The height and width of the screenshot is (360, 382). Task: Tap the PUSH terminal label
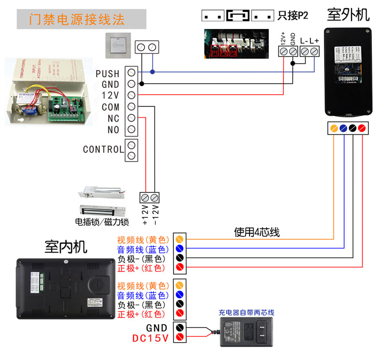point(107,73)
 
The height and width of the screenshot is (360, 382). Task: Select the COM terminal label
point(111,107)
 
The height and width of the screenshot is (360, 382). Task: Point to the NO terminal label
point(113,130)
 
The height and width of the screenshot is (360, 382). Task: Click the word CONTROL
point(103,149)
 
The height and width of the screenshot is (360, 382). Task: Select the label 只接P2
point(293,16)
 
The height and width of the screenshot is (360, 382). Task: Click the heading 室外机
point(348,15)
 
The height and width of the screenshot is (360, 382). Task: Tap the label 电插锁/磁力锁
point(102,222)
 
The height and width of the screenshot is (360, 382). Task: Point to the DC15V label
point(150,338)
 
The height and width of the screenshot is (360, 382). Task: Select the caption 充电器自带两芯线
point(247,313)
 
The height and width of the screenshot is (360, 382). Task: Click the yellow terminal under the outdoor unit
point(334,128)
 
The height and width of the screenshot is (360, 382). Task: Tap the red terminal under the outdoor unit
point(361,128)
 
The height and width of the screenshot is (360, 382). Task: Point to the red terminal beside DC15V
point(180,337)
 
